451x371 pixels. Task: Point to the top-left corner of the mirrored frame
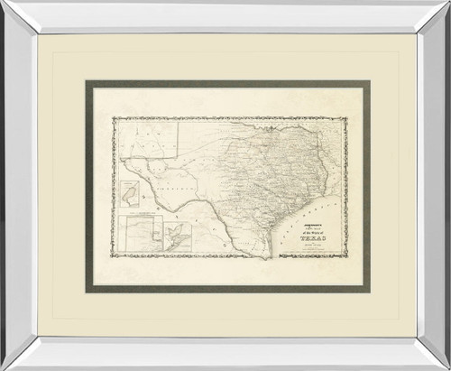(x=3, y=3)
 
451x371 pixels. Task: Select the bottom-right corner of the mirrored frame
(x=448, y=367)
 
